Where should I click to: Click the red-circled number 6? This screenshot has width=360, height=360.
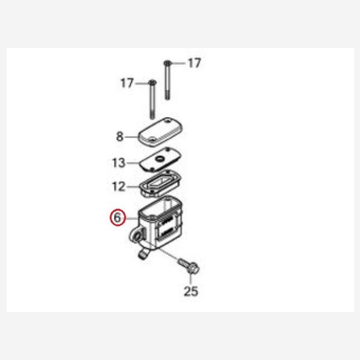point(118,217)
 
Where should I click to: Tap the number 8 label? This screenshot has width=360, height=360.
point(120,137)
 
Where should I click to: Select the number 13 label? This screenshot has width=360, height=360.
point(118,163)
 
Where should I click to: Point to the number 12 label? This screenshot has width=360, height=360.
point(118,187)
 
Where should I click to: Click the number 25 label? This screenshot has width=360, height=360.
point(191,292)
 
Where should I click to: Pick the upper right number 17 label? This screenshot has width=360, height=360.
point(194,63)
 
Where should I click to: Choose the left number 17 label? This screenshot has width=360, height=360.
point(127,83)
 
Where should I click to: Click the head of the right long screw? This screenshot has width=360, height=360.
point(167,63)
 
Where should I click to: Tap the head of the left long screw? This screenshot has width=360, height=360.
point(152,82)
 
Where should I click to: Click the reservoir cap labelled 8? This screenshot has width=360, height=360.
point(160,132)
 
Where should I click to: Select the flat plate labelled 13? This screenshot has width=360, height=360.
point(160,159)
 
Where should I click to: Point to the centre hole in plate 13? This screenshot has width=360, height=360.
point(159,158)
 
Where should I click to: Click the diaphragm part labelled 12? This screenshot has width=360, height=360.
point(160,183)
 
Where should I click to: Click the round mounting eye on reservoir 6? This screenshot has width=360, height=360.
point(137,236)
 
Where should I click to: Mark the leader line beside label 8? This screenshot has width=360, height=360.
point(131,137)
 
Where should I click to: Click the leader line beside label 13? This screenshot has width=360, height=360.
point(133,163)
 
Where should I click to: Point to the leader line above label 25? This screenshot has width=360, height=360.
point(190,280)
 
